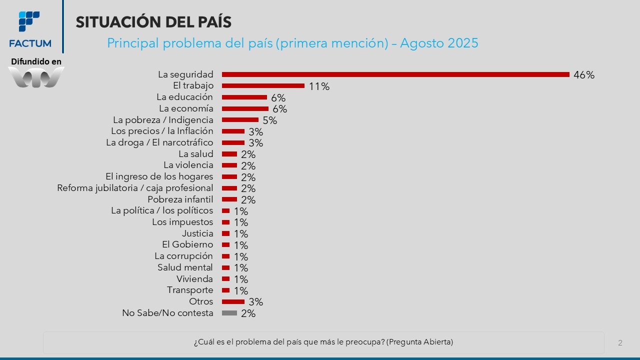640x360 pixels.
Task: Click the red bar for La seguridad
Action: pos(395,74)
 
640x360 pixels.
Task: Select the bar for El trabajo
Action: pos(263,86)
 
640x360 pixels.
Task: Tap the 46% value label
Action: pos(584,75)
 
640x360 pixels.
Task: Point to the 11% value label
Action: pos(319,86)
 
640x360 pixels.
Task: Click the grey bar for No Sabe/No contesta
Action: pos(229,313)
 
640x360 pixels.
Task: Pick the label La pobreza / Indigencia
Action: pos(163,120)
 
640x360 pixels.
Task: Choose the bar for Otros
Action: pos(233,301)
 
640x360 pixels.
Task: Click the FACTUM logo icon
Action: pos(29,21)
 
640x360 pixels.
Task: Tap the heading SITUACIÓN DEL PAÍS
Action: pos(153,22)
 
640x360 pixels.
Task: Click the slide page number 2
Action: pos(620,343)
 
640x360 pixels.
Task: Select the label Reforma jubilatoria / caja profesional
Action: pos(135,188)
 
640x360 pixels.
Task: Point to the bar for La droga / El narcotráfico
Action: pos(233,142)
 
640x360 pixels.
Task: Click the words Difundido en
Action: pos(36,61)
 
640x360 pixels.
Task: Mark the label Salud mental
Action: pos(185,267)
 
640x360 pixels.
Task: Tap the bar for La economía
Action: pos(245,108)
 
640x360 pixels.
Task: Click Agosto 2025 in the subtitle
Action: pos(439,43)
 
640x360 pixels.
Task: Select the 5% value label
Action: pos(269,120)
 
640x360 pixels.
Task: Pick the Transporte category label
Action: pos(190,290)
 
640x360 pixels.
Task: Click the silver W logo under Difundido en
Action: pos(36,77)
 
